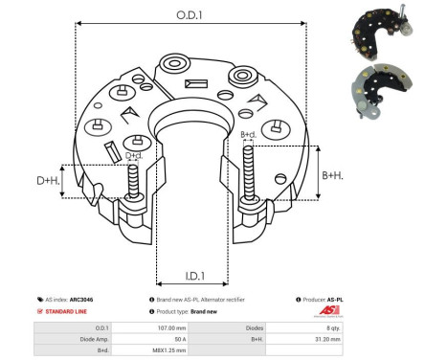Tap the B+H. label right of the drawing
332,175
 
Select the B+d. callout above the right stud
248,135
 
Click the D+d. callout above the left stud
135,155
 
